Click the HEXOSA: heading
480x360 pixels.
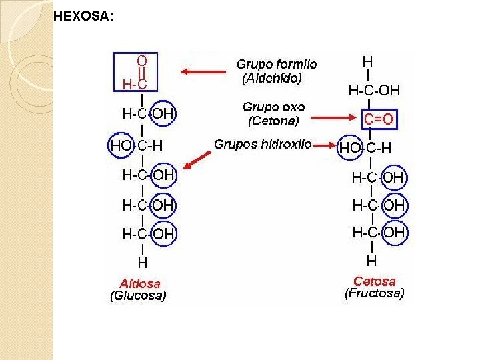pyautogui.click(x=83, y=17)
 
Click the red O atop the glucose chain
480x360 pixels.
pyautogui.click(x=142, y=60)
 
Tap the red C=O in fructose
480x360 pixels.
pyautogui.click(x=379, y=119)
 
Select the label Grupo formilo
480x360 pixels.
pyautogui.click(x=277, y=65)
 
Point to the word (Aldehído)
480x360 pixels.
pyautogui.click(x=272, y=78)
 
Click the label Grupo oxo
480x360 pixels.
pyautogui.click(x=273, y=107)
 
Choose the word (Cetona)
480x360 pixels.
pyautogui.click(x=273, y=121)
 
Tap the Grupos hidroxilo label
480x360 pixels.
pyautogui.click(x=263, y=144)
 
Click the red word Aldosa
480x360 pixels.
pyautogui.click(x=140, y=283)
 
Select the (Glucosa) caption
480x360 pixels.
pyautogui.click(x=138, y=296)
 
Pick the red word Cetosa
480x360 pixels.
pyautogui.click(x=375, y=281)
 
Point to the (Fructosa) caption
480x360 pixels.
pyautogui.click(x=374, y=293)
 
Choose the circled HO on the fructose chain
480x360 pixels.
pyautogui.click(x=351, y=147)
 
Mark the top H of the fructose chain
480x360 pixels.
pyautogui.click(x=367, y=61)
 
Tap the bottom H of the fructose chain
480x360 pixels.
pyautogui.click(x=371, y=259)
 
